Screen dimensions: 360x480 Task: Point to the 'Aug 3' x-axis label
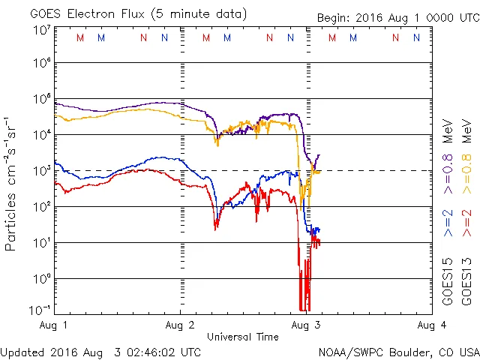[304, 325]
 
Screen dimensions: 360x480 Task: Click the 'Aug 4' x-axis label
[430, 325]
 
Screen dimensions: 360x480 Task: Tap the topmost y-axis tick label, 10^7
[41, 31]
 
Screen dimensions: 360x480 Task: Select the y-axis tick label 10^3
[41, 170]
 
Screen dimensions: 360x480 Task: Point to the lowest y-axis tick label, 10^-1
[40, 310]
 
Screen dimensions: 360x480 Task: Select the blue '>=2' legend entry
[448, 224]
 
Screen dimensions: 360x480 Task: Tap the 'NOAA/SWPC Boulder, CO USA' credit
[398, 351]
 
